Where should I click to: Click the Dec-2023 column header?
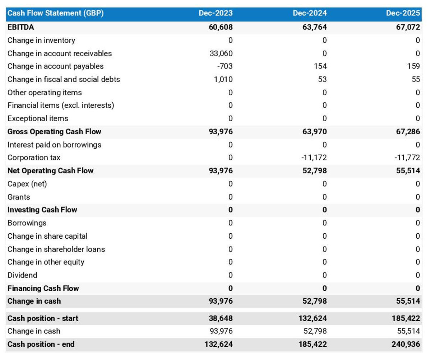pyautogui.click(x=215, y=13)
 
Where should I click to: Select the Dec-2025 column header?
pyautogui.click(x=403, y=13)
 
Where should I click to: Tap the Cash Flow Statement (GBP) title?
pyautogui.click(x=56, y=13)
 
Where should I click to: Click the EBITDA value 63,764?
pyautogui.click(x=315, y=27)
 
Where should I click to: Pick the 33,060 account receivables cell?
pyautogui.click(x=221, y=53)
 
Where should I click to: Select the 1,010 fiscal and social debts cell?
pyautogui.click(x=223, y=79)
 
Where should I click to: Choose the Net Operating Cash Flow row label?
pyautogui.click(x=50, y=171)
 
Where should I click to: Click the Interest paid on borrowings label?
pyautogui.click(x=54, y=145)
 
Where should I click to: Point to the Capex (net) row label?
pyautogui.click(x=27, y=184)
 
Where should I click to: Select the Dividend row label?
pyautogui.click(x=22, y=275)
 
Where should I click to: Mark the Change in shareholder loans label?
pyautogui.click(x=56, y=249)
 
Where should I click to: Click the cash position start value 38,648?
pyautogui.click(x=221, y=318)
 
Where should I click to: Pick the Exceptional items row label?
pyautogui.click(x=38, y=118)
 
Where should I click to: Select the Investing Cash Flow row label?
pyautogui.click(x=42, y=210)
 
